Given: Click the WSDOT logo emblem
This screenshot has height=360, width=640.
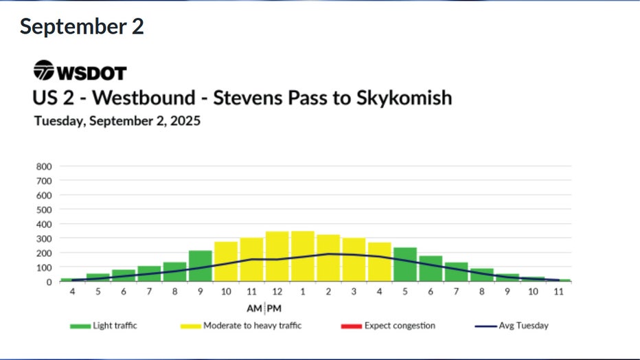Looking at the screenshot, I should coord(44,71).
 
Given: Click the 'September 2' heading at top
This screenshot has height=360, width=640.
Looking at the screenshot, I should coord(82,27).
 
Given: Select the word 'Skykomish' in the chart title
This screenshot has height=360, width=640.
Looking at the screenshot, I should coord(404,98).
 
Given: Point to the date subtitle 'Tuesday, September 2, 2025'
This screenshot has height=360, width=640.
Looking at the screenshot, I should coord(117,121).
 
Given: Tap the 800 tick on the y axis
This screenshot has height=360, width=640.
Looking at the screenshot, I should coord(43,166).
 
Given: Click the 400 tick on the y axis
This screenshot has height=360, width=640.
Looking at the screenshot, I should coord(43,224).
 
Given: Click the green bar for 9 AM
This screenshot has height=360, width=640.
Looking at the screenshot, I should coord(200,267).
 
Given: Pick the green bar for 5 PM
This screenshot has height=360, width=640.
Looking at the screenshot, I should coord(404,265).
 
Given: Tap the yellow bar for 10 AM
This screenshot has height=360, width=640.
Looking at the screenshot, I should coord(226,262).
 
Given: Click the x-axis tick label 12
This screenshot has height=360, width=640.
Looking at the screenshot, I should coord(277,292).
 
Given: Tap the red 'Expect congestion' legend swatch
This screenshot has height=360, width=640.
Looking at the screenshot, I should coord(350,326).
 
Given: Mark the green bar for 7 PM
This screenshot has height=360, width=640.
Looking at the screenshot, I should coord(456,272).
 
